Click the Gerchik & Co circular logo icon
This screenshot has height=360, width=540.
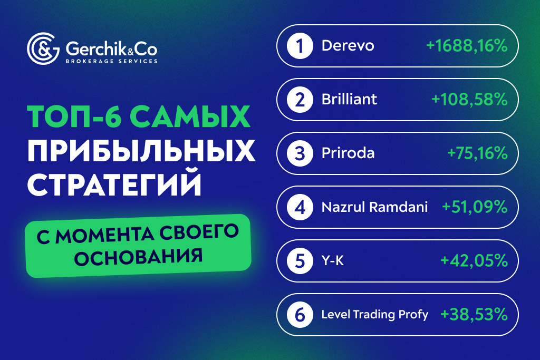click(44, 49)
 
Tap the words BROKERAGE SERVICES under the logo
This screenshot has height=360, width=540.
click(111, 61)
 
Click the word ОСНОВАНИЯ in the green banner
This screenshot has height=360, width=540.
click(139, 256)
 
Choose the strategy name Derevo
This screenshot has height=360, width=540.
click(348, 46)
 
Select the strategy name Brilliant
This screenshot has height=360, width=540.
click(349, 100)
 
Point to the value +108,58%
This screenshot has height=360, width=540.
click(469, 100)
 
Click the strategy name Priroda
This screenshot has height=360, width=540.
click(348, 153)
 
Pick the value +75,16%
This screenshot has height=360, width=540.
click(477, 153)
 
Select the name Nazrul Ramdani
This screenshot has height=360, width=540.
click(374, 207)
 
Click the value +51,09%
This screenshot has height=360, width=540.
click(475, 207)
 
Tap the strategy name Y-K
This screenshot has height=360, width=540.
click(333, 261)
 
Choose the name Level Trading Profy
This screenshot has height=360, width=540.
click(375, 315)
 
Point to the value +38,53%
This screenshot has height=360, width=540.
click(474, 315)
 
